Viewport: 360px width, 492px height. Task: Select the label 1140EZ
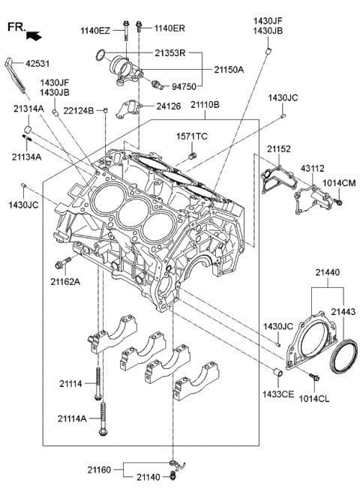click(x=95, y=30)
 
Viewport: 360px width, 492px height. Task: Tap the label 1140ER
click(x=169, y=30)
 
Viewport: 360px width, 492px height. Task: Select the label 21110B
click(x=204, y=106)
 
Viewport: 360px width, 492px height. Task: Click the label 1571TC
click(x=192, y=136)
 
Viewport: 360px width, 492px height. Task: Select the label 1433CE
click(x=277, y=394)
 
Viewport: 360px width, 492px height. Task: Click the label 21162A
click(x=66, y=282)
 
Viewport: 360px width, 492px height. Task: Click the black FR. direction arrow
click(x=34, y=34)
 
